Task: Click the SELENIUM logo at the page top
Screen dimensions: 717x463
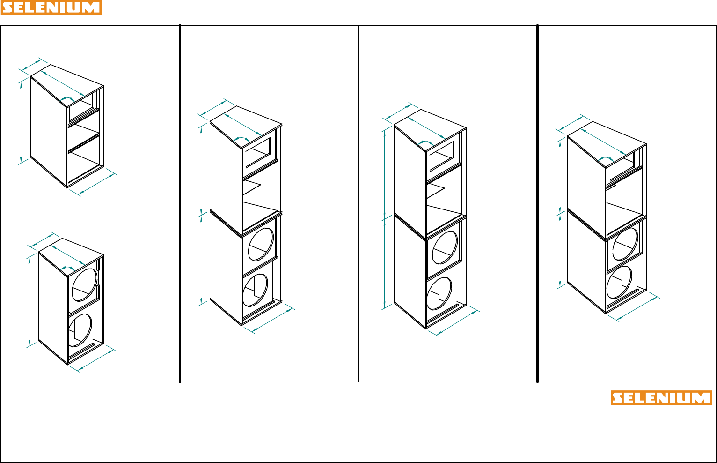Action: pos(51,7)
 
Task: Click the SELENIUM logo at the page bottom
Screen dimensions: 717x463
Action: pos(661,398)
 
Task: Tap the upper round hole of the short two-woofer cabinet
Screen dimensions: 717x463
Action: pos(84,285)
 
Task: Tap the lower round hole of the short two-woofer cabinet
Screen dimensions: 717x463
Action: pos(80,330)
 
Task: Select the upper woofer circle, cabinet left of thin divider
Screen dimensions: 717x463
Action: pos(261,244)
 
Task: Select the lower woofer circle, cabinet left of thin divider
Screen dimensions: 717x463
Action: pos(255,290)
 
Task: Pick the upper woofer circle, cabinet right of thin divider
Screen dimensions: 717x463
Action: pos(445,247)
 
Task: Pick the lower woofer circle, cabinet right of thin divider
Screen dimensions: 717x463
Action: pos(439,293)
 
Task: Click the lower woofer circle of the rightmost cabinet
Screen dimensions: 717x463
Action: pos(619,282)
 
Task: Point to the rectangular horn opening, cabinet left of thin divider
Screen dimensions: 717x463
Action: pos(258,152)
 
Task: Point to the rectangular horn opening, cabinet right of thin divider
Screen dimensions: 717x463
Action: pos(442,156)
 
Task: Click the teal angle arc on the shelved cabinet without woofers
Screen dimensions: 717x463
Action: pos(67,98)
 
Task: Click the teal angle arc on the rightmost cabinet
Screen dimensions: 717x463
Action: pos(606,158)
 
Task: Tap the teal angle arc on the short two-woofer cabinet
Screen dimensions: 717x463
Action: pos(67,267)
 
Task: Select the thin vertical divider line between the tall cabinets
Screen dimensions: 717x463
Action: pos(358,203)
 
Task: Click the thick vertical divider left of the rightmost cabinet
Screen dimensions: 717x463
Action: pos(537,203)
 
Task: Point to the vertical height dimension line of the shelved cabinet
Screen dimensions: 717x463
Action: pos(21,122)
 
